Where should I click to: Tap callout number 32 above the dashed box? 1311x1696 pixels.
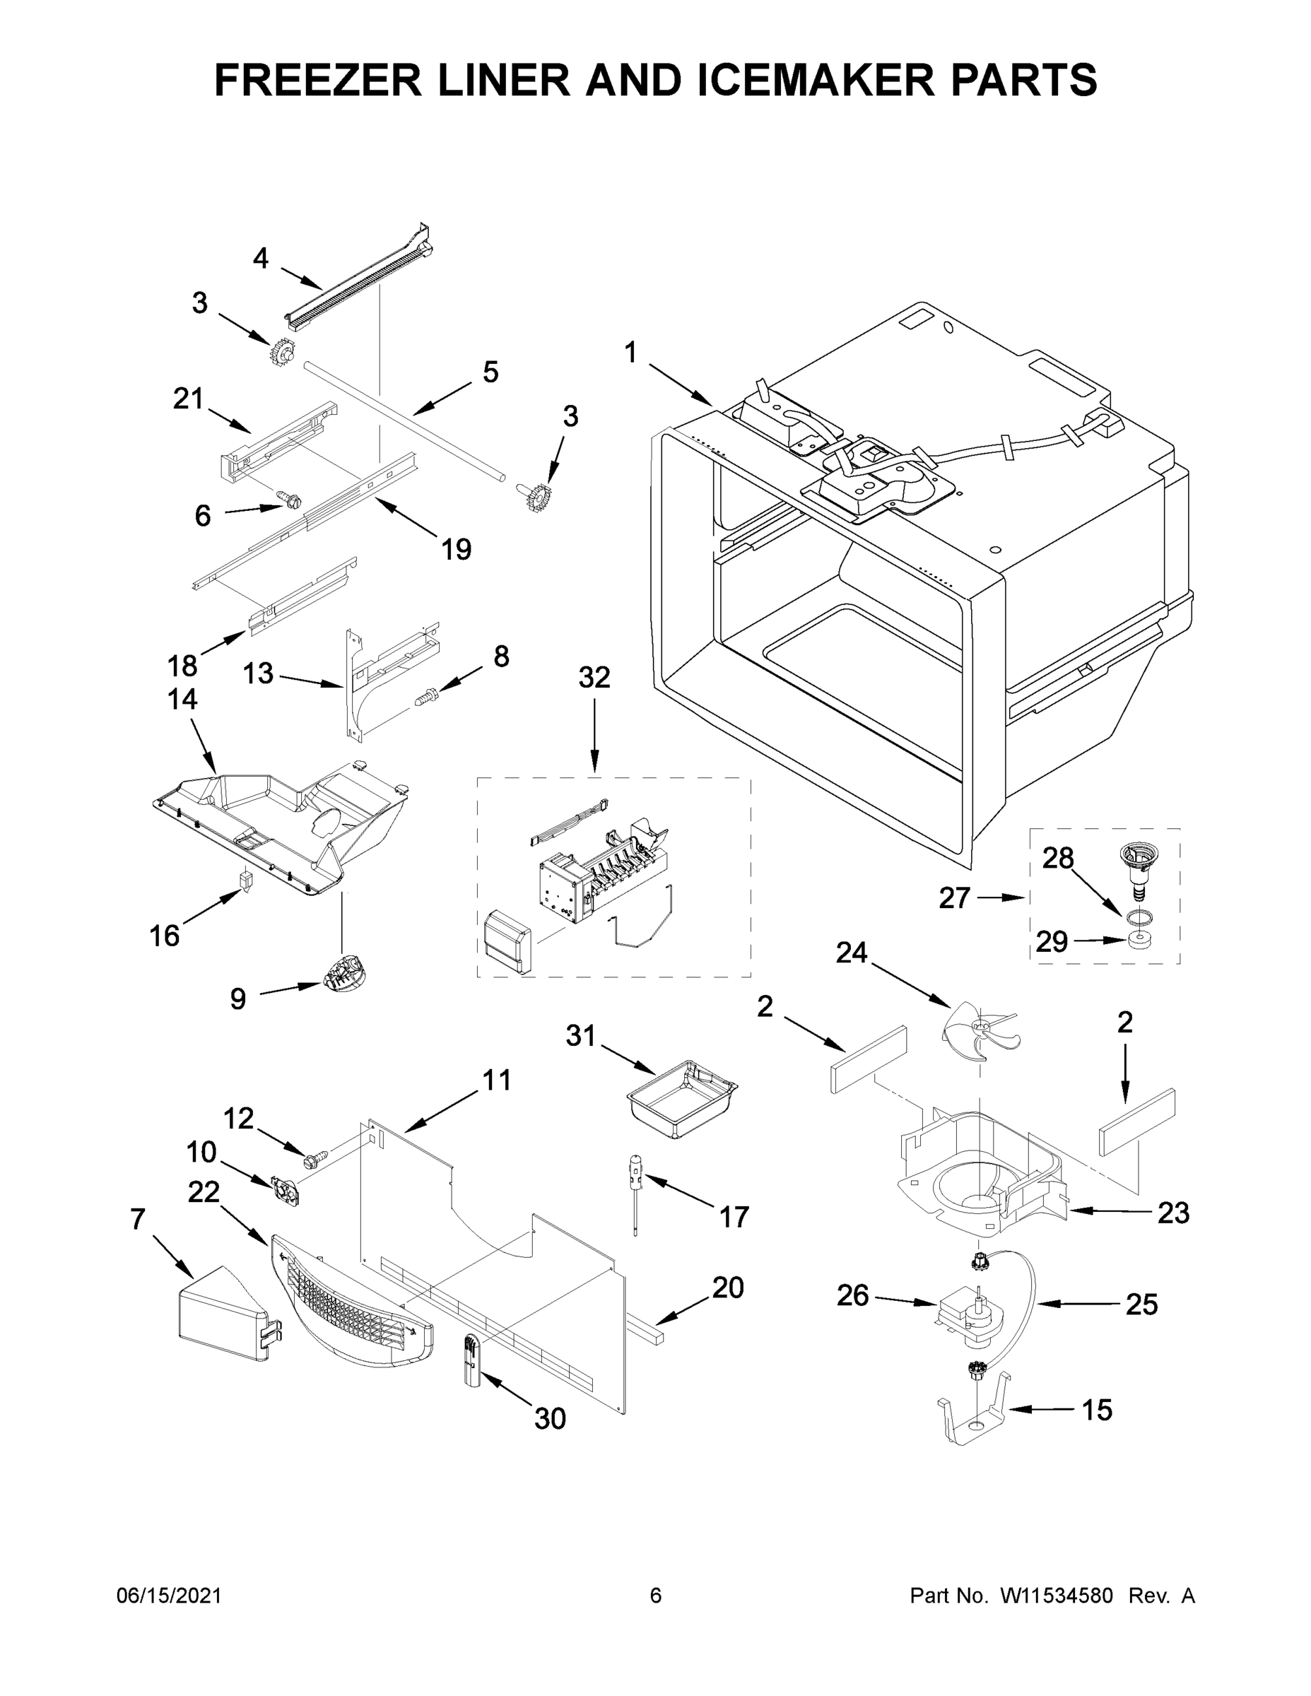click(594, 678)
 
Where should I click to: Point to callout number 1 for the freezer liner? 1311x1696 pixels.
click(630, 353)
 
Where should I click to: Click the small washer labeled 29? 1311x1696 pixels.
click(1139, 941)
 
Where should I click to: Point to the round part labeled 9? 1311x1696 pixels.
click(343, 973)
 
